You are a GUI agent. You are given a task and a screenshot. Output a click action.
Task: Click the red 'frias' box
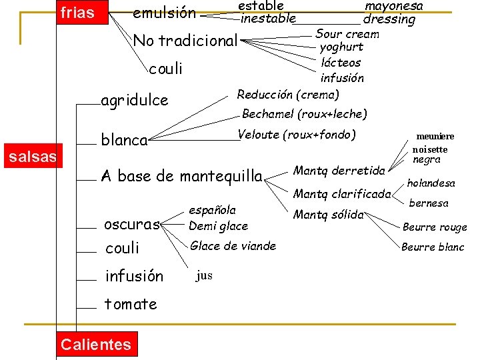pos(77,12)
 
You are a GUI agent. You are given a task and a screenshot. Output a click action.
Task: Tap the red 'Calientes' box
pos(95,344)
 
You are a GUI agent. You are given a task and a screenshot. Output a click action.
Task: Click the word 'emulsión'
pos(164,13)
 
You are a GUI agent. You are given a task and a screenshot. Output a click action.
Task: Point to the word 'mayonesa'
pos(393,5)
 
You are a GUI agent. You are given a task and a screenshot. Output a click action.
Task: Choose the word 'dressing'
pos(389,19)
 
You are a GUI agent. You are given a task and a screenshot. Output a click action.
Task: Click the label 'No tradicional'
pos(185,41)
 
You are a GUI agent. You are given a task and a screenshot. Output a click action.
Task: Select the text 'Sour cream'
pos(347,33)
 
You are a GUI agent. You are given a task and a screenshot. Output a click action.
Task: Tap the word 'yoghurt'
pos(341,47)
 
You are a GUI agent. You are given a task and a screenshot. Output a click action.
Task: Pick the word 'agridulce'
pos(134,101)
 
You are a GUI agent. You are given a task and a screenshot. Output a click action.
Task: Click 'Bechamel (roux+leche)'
pos(305,114)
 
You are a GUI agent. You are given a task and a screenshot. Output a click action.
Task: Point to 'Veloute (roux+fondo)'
pos(297,135)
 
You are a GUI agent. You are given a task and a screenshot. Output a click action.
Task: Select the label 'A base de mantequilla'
pos(181,176)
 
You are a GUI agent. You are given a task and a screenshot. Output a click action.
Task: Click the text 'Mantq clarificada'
pos(342,195)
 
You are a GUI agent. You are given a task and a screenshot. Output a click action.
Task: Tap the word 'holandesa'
pos(431,183)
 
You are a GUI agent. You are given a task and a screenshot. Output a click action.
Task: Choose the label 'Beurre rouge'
pos(435,227)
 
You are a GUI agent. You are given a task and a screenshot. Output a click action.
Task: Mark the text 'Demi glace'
pos(218,226)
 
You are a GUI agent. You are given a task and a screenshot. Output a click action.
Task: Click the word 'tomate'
pos(131,304)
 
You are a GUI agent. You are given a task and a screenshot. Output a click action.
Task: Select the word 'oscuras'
pos(133,224)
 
